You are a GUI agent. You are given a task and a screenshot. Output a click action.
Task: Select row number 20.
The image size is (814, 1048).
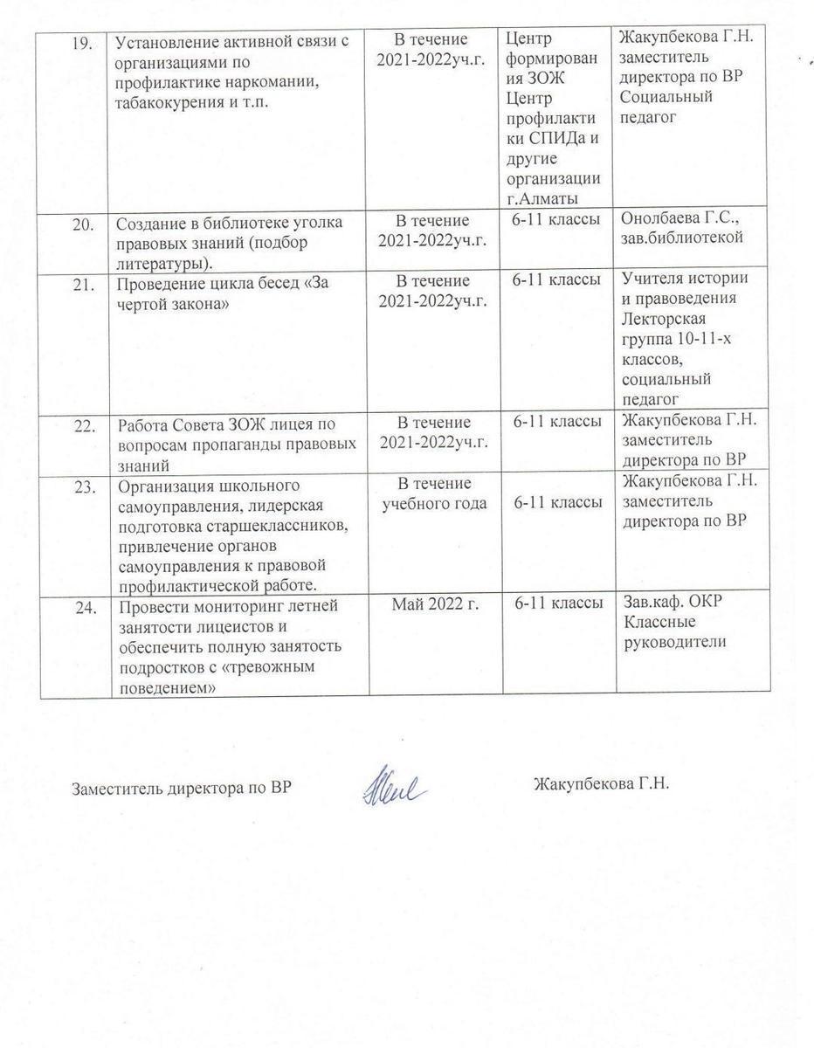coord(82,223)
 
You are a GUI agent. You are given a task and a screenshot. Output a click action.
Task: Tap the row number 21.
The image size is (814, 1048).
coord(82,282)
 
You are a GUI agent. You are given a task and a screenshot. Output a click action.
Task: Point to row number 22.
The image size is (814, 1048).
coord(82,424)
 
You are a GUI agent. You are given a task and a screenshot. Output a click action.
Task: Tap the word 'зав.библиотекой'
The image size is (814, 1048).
coord(682,238)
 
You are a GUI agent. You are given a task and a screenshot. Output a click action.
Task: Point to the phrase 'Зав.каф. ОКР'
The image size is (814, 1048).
coord(672,603)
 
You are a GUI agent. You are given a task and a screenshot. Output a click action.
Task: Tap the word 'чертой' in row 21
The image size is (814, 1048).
coord(144,301)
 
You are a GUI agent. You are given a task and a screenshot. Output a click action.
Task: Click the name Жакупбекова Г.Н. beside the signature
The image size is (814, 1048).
coord(600,783)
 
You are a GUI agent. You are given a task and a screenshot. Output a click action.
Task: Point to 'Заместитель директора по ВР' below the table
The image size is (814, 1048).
coord(180,788)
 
